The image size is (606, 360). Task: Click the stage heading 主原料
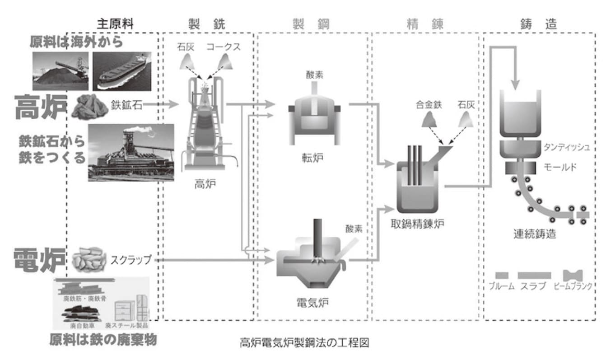tap(116, 24)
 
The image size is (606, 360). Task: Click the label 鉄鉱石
tap(126, 105)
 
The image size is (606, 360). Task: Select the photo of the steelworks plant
tap(131, 152)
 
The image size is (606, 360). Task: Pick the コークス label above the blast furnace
tap(224, 47)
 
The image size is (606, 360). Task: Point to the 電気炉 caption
tap(311, 302)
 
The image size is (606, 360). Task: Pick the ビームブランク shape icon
tap(573, 275)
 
